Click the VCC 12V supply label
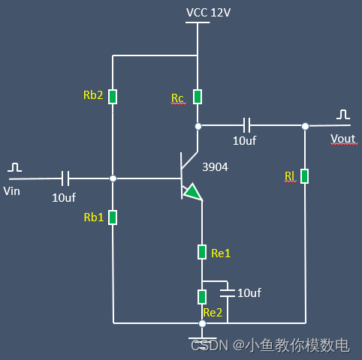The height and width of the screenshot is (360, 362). (208, 13)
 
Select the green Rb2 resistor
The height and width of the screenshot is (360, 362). (113, 97)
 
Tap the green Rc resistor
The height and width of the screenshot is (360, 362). (198, 97)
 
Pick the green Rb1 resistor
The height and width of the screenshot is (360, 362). (113, 217)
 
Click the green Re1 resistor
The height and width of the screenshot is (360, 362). (202, 252)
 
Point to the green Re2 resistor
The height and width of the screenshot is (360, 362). (202, 297)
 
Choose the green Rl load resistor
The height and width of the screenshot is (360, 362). (305, 176)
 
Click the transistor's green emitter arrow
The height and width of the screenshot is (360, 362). (193, 192)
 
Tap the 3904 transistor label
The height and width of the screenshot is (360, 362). (215, 167)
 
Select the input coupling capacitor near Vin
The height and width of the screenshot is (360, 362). (65, 178)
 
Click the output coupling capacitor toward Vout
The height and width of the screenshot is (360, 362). (246, 125)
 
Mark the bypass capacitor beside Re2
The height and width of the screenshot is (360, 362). (228, 293)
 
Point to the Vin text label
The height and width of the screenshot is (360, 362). (12, 191)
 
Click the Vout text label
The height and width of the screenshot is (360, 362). (343, 139)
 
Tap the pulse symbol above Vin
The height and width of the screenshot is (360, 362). (14, 167)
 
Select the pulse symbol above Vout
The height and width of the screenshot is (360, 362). (343, 114)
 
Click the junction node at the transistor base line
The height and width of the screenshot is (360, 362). (113, 178)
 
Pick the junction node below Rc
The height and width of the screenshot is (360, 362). (198, 126)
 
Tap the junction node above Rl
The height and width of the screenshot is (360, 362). (305, 126)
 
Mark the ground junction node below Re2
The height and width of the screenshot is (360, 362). (202, 323)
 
